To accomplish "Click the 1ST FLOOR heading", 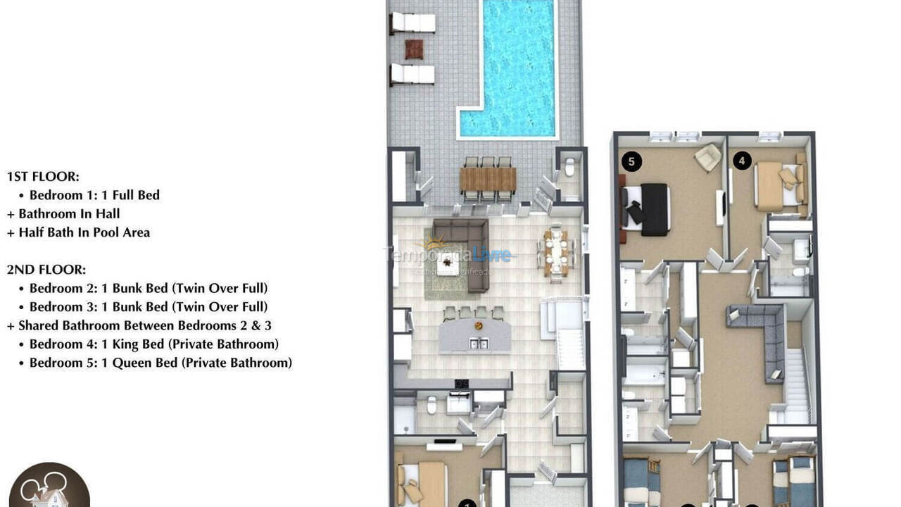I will point(43,177).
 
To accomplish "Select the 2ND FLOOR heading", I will point(46,270).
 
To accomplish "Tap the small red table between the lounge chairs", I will point(415,49).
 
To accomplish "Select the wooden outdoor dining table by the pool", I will point(488,179).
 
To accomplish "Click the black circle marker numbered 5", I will point(631,162).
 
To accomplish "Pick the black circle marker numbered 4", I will point(742,161).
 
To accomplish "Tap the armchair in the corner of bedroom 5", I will point(707,157).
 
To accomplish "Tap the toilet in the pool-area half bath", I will point(570,168).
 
